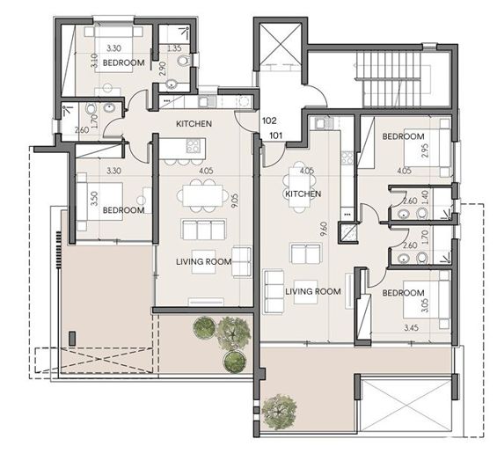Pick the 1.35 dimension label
[174, 48]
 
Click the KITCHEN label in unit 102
[194, 124]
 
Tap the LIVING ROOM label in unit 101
[313, 291]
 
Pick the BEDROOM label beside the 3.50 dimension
[122, 210]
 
